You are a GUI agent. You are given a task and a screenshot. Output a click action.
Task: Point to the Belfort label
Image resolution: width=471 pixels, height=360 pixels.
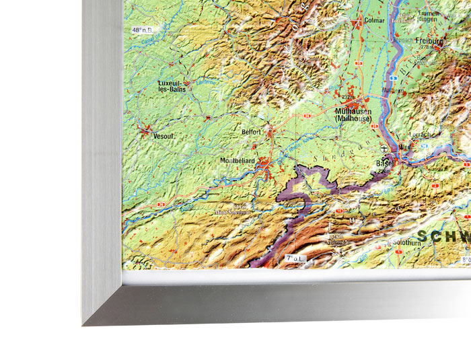click(x=251, y=133)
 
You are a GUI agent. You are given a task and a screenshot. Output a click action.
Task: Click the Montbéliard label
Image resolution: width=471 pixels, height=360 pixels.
click(x=239, y=161)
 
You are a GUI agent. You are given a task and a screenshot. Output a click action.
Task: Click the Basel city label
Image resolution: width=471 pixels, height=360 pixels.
click(x=384, y=164)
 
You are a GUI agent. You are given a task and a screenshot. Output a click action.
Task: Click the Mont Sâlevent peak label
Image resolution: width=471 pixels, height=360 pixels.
click(x=232, y=211)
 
